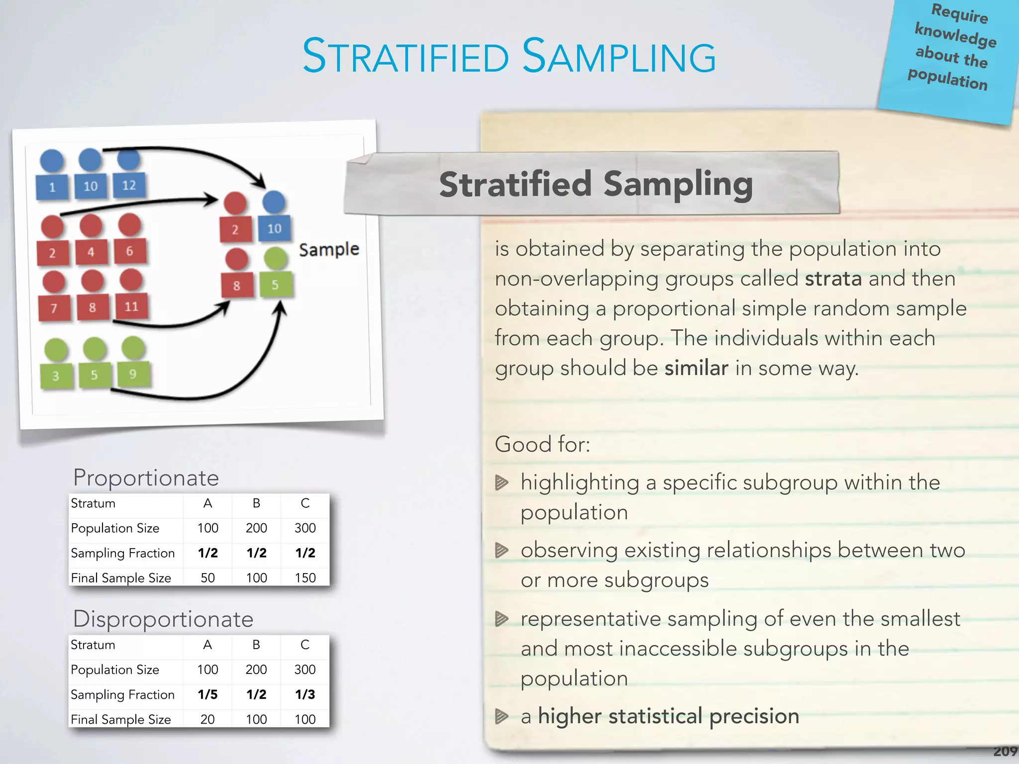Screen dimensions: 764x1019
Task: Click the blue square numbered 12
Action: point(129,185)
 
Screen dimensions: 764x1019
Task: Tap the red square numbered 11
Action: point(131,306)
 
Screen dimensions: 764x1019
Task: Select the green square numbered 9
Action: point(133,374)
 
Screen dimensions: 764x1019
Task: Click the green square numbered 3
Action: point(56,376)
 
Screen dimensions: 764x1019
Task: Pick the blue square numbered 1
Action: point(52,187)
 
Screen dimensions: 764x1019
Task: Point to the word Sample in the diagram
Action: point(329,249)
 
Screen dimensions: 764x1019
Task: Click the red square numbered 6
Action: point(129,251)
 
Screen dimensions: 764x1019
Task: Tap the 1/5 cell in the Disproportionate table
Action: point(207,694)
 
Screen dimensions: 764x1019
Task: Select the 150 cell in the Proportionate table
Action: point(305,577)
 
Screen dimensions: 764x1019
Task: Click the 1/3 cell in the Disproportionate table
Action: point(305,694)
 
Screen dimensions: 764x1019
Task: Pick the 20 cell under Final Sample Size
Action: point(207,719)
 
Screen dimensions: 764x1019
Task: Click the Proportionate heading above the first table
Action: point(146,478)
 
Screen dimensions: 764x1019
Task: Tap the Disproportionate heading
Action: point(163,619)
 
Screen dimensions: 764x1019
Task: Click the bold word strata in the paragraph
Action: point(833,279)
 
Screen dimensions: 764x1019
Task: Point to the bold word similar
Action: point(696,368)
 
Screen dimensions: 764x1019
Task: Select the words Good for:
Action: point(542,444)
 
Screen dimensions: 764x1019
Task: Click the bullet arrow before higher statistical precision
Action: point(502,716)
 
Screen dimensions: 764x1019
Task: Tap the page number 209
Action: point(1005,752)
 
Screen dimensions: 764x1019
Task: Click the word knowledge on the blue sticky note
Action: point(955,35)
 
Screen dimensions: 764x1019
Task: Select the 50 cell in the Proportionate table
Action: point(207,577)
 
